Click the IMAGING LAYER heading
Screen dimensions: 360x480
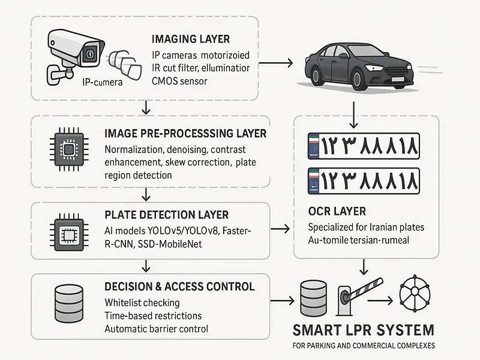(x=191, y=40)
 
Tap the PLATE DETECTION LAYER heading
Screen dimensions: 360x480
(x=166, y=215)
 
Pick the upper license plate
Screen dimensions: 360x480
(x=363, y=146)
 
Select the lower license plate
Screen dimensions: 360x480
(x=363, y=181)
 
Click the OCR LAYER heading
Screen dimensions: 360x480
(x=336, y=212)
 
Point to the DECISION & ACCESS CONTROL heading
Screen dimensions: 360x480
(x=179, y=287)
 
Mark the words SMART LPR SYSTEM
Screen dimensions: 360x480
(x=363, y=329)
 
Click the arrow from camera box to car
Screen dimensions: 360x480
(x=283, y=62)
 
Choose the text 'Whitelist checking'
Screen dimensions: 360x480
(x=142, y=302)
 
